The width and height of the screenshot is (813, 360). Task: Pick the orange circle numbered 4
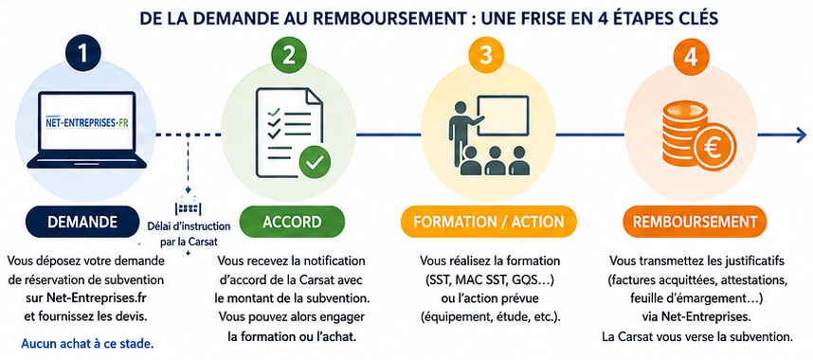coord(690,57)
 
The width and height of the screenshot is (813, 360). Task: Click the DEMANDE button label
coord(81,222)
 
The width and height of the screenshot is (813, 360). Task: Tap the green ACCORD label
coord(292,222)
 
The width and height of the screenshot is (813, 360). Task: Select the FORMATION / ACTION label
coord(488,222)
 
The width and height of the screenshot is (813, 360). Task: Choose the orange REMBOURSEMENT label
coord(695,222)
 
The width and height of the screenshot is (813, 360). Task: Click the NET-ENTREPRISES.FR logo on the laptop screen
coord(83,124)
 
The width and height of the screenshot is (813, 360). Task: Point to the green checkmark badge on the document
coord(315,162)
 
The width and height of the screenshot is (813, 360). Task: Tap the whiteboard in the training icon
coord(503,116)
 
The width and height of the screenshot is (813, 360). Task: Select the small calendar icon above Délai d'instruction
coord(189,206)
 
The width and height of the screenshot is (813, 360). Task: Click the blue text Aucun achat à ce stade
coord(87,343)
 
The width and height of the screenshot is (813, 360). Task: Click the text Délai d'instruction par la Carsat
coord(190,234)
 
